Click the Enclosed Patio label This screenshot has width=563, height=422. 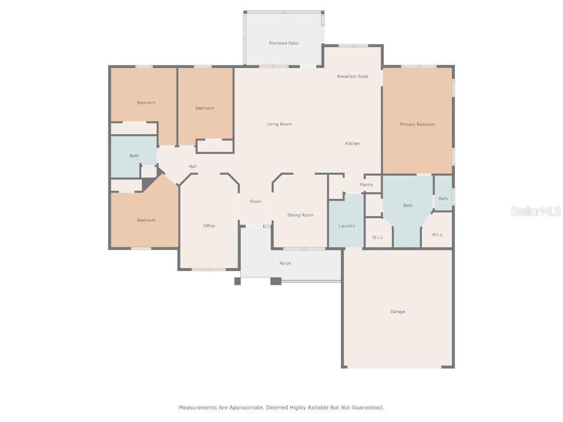pyautogui.click(x=284, y=43)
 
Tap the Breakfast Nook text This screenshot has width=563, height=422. pyautogui.click(x=352, y=76)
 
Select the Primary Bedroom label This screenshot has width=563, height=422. pyautogui.click(x=417, y=124)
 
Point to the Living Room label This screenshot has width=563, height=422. pyautogui.click(x=279, y=124)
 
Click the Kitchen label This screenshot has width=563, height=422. pyautogui.click(x=352, y=143)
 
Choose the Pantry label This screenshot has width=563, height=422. pyautogui.click(x=366, y=185)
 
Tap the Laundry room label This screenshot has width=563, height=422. pyautogui.click(x=346, y=226)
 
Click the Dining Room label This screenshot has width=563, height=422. pyautogui.click(x=300, y=215)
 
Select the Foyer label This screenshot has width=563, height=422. pyautogui.click(x=256, y=201)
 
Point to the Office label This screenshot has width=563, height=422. pyautogui.click(x=209, y=226)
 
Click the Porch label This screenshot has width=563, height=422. pyautogui.click(x=285, y=263)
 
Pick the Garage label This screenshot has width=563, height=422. pyautogui.click(x=398, y=312)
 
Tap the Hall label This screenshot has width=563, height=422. pyautogui.click(x=192, y=166)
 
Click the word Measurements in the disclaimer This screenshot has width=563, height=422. pyautogui.click(x=194, y=408)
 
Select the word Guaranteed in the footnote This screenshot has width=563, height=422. pyautogui.click(x=367, y=408)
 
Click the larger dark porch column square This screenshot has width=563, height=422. pyautogui.click(x=275, y=281)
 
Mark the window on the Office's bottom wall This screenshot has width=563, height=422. pyautogui.click(x=208, y=269)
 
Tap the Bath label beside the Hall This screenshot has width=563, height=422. pyautogui.click(x=134, y=156)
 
